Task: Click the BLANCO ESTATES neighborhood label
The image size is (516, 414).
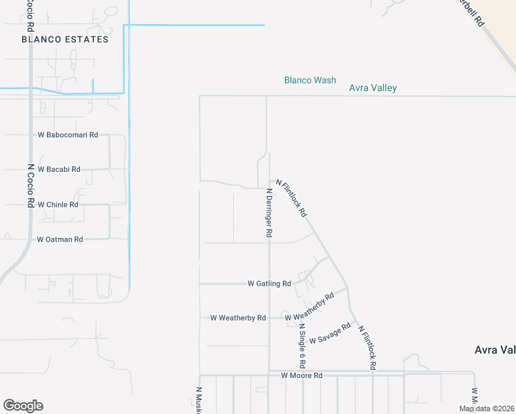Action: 65,39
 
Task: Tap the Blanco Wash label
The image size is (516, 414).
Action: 310,80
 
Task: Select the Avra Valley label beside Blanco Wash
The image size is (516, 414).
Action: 373,88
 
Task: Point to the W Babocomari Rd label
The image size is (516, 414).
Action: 68,135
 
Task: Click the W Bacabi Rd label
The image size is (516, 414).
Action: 59,169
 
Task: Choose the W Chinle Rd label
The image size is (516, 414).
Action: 58,205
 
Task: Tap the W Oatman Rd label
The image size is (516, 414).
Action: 60,239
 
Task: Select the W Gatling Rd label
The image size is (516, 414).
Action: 269,284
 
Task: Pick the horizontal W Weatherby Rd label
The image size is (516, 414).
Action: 238,318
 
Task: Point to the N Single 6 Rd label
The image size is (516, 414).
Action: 301,345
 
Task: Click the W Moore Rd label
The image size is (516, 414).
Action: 301,375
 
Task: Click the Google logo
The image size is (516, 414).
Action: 23,406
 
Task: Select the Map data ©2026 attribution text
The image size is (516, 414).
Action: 486,408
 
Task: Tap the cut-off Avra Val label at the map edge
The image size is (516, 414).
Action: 495,350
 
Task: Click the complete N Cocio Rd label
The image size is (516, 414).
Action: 30,185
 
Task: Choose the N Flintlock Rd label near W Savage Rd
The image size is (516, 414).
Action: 367,348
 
